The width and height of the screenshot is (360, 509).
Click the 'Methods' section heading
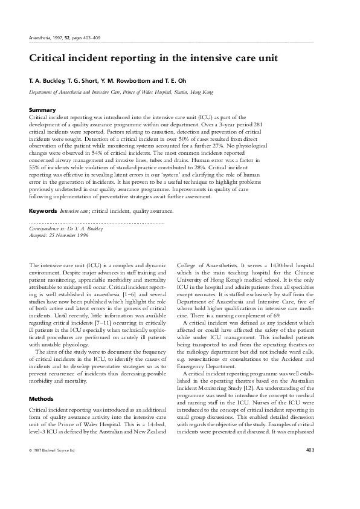42,382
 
